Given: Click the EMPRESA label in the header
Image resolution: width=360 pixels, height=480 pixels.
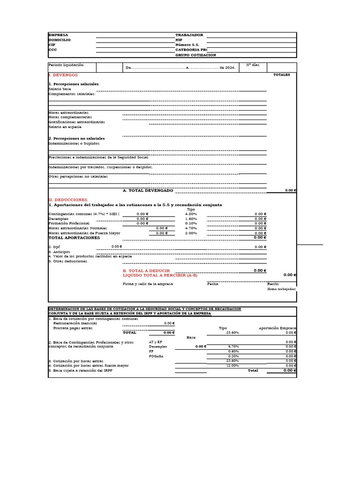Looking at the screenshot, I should tap(58, 35).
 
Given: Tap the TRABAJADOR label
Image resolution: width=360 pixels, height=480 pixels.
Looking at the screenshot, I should tap(189, 35).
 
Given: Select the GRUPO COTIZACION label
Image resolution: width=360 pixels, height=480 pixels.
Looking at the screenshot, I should tap(195, 55).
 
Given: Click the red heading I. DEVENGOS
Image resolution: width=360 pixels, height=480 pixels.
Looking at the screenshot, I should tap(63, 75).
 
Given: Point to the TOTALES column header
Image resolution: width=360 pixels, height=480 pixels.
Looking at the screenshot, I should tap(281, 75).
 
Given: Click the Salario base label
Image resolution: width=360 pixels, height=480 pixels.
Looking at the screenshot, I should tap(60, 89).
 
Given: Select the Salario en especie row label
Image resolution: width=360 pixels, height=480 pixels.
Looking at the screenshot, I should tap(65, 127).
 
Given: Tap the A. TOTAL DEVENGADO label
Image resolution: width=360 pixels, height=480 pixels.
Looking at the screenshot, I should tap(148, 190).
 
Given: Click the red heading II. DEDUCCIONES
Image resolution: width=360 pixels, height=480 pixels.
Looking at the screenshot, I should tap(68, 200).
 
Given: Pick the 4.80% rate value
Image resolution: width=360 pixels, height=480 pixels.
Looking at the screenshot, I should tap(191, 214).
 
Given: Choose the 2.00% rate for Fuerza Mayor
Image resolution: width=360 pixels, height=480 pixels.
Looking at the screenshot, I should tap(191, 233).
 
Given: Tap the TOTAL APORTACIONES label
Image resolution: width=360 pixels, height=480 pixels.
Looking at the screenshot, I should tap(74, 238).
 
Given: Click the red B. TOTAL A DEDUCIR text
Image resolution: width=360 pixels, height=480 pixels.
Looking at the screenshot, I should tap(146, 271).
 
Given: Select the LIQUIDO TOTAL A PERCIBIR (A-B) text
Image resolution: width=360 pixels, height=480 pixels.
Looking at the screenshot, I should tap(160, 276).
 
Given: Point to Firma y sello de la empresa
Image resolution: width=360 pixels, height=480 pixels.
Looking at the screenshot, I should tap(148, 284).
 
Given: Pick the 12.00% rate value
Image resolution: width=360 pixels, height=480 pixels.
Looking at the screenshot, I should tap(232, 365).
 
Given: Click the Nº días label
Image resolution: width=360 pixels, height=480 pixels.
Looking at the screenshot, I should tap(252, 65).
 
